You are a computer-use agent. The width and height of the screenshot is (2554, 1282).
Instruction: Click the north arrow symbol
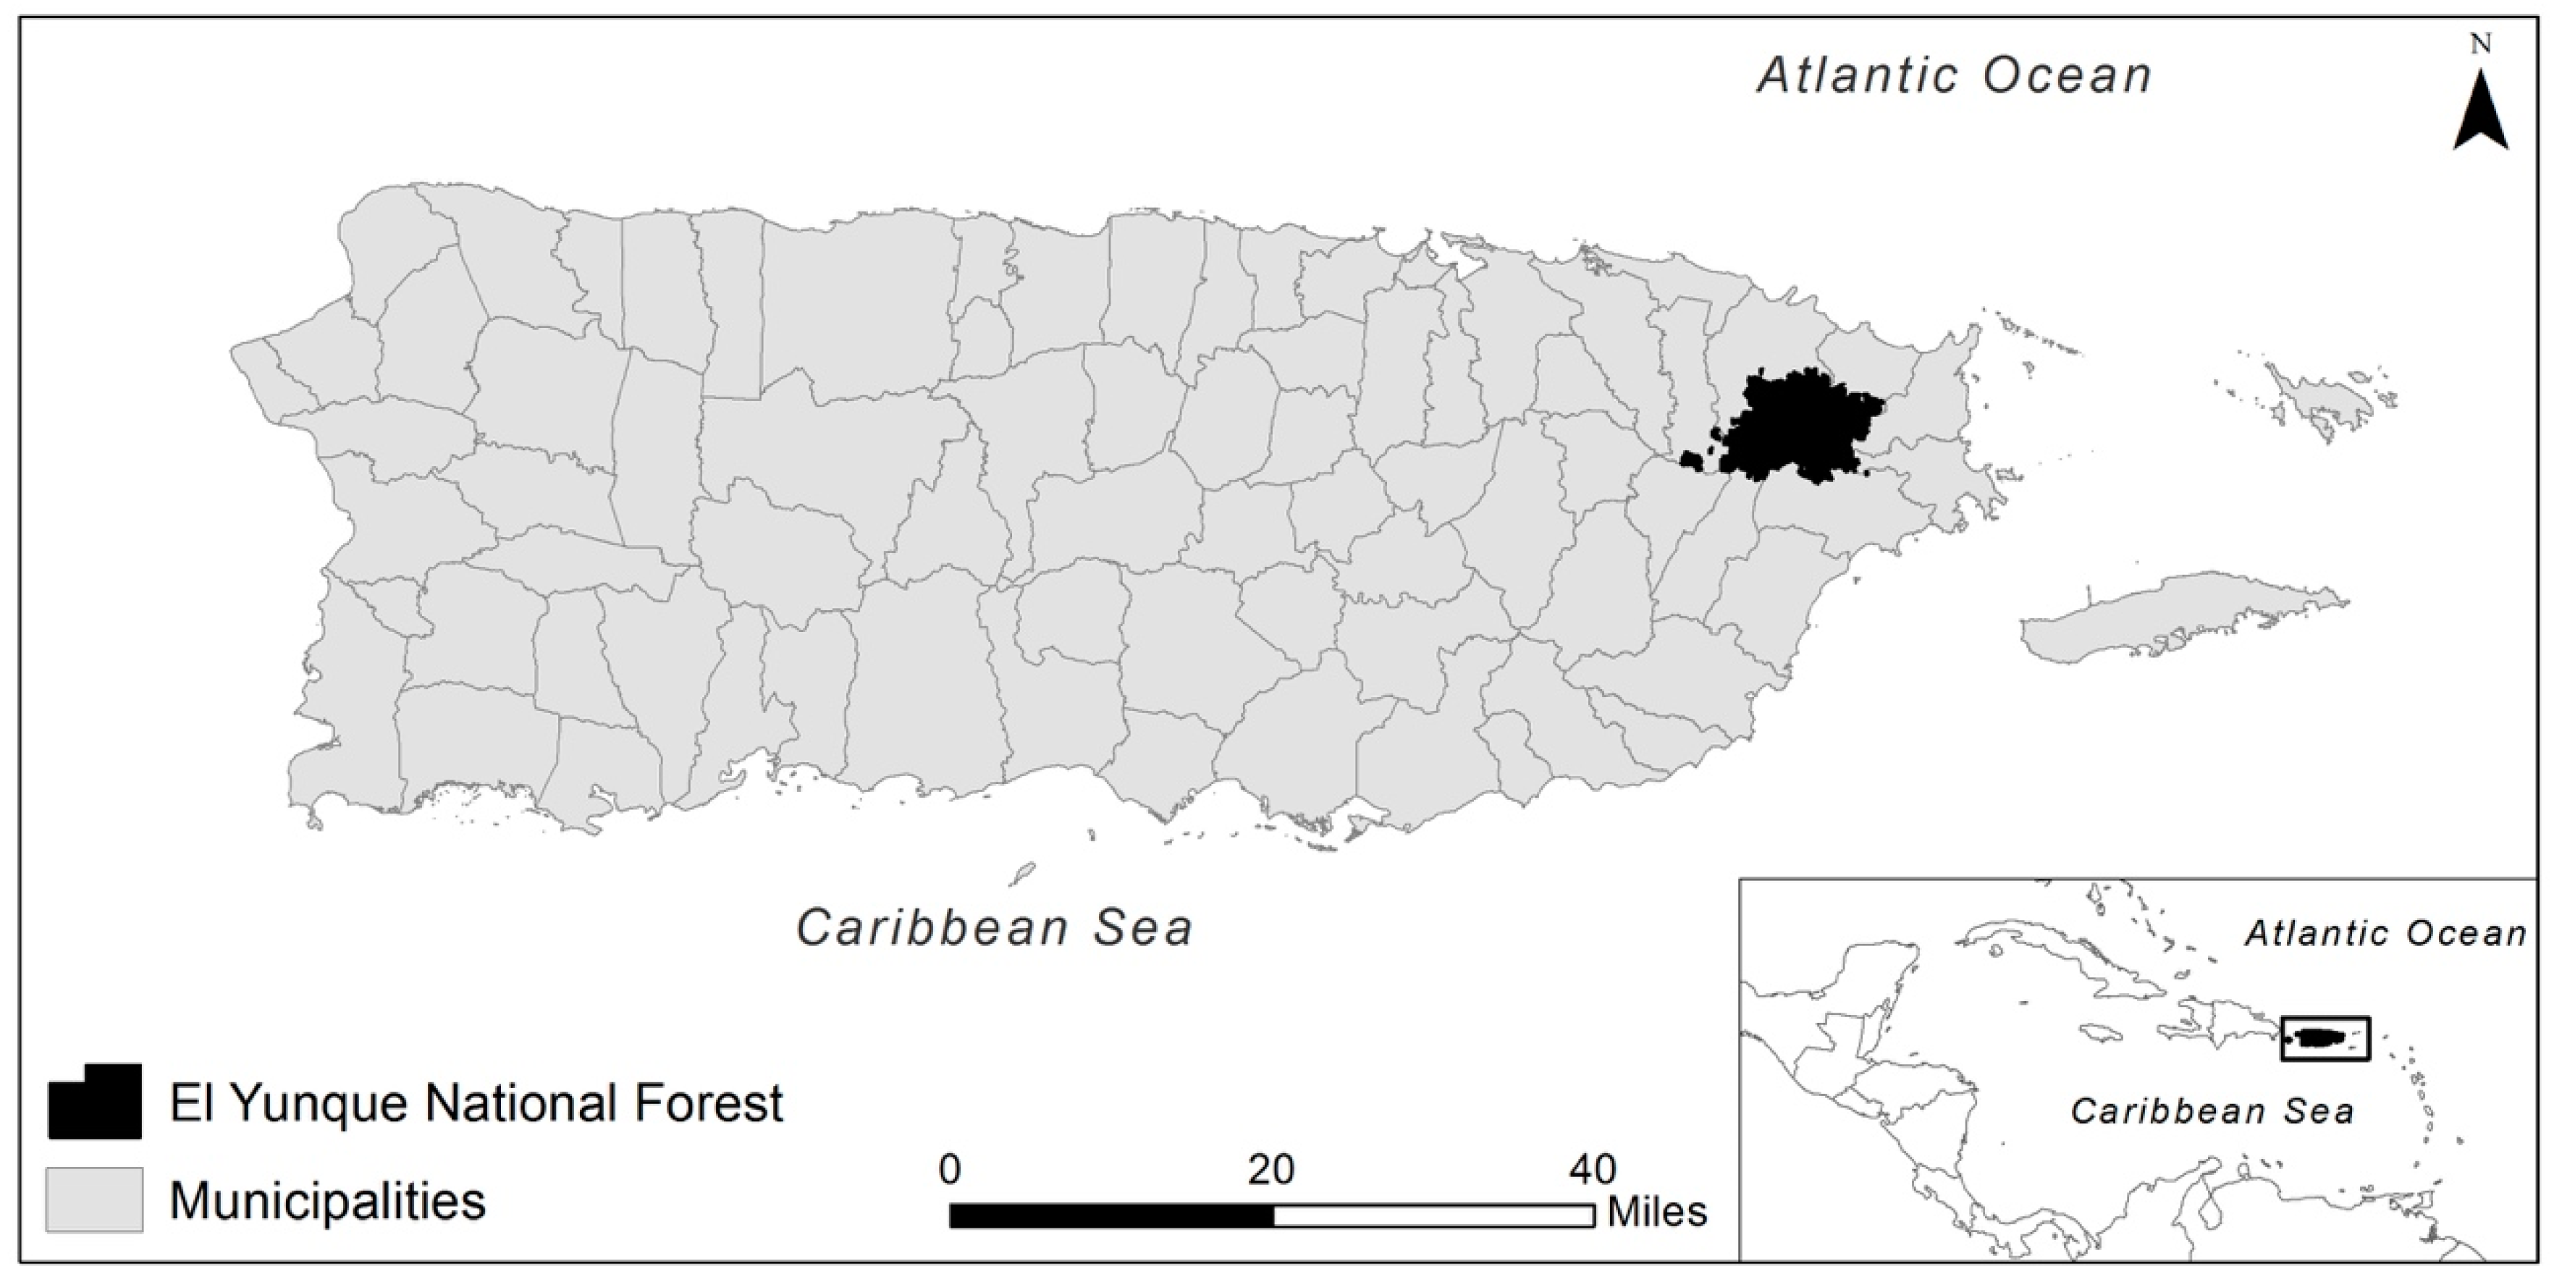tap(2481, 117)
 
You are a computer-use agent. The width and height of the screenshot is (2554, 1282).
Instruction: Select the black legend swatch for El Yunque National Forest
tap(95, 1102)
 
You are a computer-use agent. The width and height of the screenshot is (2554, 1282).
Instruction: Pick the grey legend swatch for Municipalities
tap(94, 1199)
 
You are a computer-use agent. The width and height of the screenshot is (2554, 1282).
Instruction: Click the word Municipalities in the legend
tap(327, 1201)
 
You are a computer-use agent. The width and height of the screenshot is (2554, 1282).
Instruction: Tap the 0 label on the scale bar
tap(950, 1170)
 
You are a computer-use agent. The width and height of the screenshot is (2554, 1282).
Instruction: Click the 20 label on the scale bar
tap(1271, 1170)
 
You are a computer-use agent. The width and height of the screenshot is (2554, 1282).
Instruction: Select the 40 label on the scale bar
tap(1593, 1170)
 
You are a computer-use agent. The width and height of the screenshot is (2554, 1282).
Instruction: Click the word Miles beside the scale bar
tap(1657, 1212)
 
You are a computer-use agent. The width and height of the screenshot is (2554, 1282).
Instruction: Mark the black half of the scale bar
tap(1110, 1215)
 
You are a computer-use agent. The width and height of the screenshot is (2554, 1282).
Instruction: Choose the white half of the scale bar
tap(1433, 1215)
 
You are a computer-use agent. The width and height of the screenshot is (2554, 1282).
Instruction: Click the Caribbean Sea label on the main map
tap(995, 928)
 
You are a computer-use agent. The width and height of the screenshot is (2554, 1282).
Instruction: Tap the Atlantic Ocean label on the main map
tap(1954, 75)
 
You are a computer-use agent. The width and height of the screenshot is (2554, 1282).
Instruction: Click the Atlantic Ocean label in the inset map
tap(2385, 933)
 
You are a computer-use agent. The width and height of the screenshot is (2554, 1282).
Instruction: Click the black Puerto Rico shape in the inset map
tap(2324, 1038)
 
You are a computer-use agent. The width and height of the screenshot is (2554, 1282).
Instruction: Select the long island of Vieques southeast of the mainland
tap(2181, 615)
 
